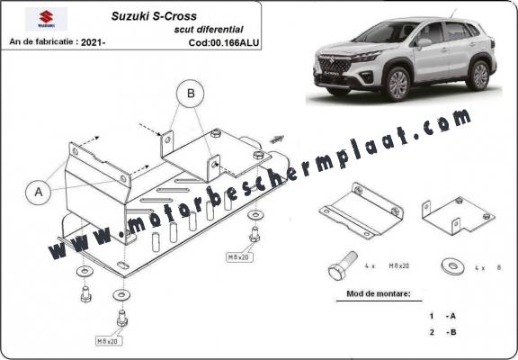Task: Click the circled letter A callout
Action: (x=39, y=191)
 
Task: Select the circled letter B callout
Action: (x=190, y=93)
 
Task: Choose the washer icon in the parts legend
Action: (x=450, y=267)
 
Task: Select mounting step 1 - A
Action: (x=440, y=317)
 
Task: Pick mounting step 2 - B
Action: (x=440, y=332)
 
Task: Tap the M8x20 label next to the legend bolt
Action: (x=397, y=268)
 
